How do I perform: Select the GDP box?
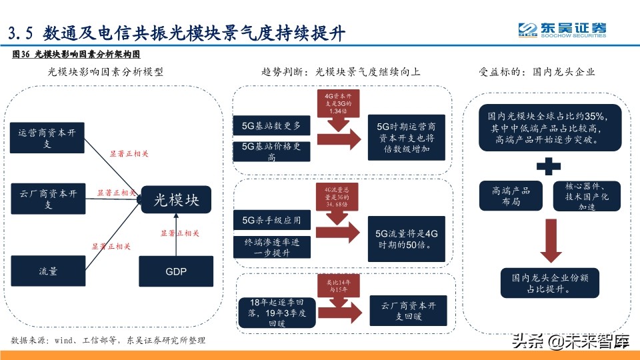[175, 272]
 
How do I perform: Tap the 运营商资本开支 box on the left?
[47, 139]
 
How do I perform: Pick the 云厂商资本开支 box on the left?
[47, 199]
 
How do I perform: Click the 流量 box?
[47, 272]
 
